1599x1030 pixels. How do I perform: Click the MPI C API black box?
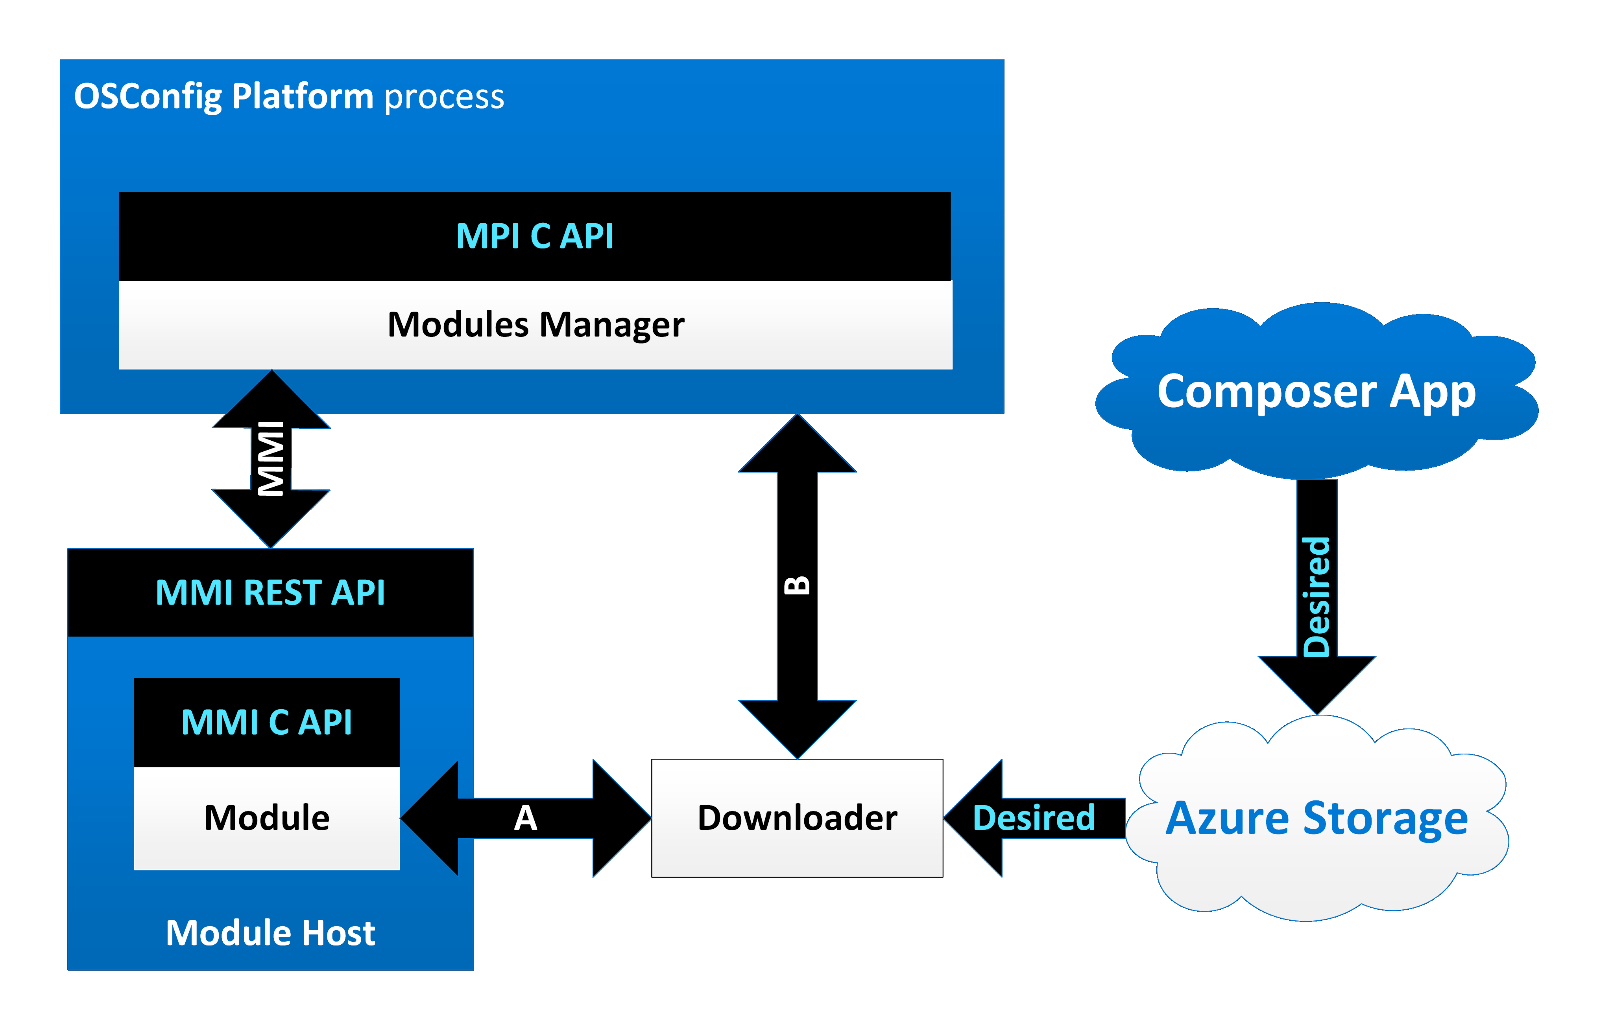click(535, 236)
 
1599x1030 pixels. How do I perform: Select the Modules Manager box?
click(535, 325)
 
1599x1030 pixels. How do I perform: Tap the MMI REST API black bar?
click(270, 592)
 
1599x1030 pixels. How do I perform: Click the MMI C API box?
click(266, 722)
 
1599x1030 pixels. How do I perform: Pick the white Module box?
click(266, 818)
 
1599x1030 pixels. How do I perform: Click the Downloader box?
click(797, 818)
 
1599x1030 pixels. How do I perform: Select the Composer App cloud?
click(1316, 391)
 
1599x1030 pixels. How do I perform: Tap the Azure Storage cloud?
click(1316, 818)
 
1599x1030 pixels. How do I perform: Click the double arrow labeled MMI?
click(271, 459)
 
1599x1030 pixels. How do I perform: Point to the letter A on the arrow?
click(525, 818)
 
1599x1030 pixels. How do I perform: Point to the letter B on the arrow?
click(797, 586)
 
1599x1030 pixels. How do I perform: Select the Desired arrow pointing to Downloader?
click(1034, 818)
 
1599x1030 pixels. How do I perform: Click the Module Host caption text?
click(270, 933)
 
